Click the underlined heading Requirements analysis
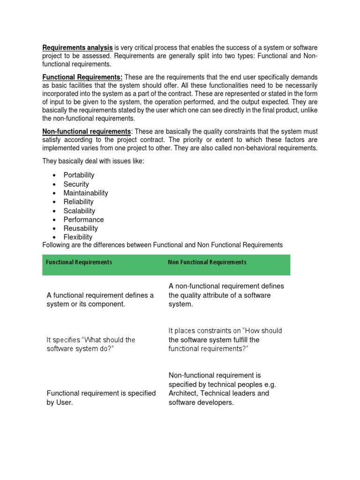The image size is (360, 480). (77, 47)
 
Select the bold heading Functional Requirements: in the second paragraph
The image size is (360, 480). (82, 77)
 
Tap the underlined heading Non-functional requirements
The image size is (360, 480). (87, 131)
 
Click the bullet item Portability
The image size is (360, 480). (79, 175)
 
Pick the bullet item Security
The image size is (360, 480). (76, 184)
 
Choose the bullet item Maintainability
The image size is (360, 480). (86, 193)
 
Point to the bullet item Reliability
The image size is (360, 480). (78, 202)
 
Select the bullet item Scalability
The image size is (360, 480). (79, 211)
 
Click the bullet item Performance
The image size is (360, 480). (83, 219)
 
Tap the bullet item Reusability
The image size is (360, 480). (81, 228)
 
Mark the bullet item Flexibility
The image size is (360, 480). (78, 237)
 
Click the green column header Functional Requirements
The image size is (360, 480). (79, 262)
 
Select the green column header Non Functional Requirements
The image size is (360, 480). (207, 262)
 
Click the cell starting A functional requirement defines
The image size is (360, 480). (100, 300)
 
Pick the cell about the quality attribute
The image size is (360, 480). (226, 295)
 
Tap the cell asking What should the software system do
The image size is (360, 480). (91, 345)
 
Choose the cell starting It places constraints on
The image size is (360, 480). (225, 340)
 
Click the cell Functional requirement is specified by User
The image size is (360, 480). (101, 398)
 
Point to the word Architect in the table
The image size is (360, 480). (183, 393)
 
